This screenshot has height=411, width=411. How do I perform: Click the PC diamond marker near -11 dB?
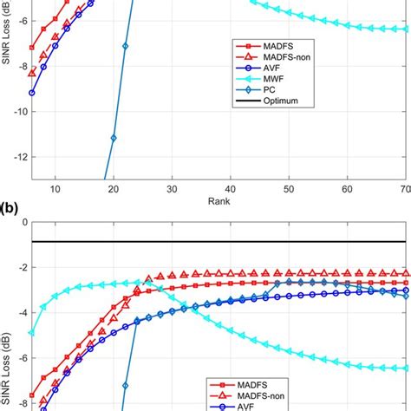tap(114, 138)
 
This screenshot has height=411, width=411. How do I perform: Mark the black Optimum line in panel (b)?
tap(217, 241)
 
